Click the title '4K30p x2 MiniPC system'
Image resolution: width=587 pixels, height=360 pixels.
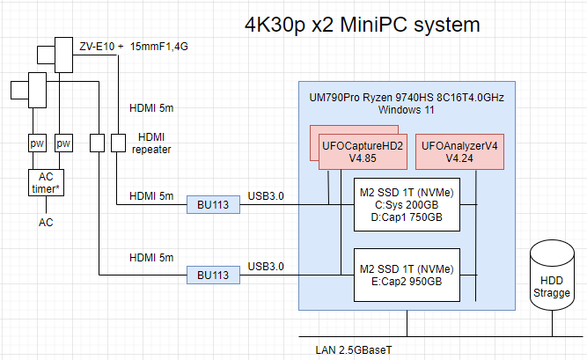[x=363, y=25]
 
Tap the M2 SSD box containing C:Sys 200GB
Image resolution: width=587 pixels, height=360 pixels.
[x=407, y=204]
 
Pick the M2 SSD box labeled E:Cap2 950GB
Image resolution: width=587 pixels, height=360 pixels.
[x=407, y=275]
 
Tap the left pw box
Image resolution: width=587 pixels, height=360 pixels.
[x=37, y=143]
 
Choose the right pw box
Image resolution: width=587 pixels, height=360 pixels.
[x=62, y=143]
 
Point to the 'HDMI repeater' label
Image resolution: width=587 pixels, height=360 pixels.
[x=155, y=143]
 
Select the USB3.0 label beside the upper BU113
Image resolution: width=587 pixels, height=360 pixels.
[x=266, y=195]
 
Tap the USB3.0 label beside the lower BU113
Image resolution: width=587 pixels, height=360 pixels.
[x=266, y=266]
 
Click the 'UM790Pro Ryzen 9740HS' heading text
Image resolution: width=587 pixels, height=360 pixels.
[x=407, y=96]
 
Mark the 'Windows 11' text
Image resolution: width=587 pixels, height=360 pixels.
[x=407, y=110]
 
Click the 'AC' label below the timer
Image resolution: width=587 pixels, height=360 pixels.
[x=45, y=222]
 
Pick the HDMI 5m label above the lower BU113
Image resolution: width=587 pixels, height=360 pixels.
[x=151, y=257]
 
